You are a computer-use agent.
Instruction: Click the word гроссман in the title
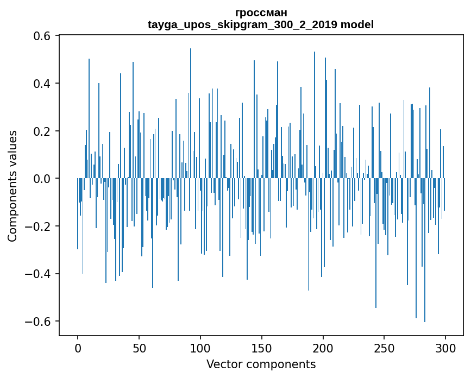pyautogui.click(x=261, y=12)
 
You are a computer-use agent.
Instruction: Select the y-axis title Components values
pyautogui.click(x=12, y=186)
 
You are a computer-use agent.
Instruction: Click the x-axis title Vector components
pyautogui.click(x=261, y=364)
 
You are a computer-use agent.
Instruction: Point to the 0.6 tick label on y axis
pyautogui.click(x=42, y=36)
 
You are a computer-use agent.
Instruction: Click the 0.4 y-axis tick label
pyautogui.click(x=42, y=84)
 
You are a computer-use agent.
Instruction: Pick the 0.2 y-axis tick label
pyautogui.click(x=42, y=131)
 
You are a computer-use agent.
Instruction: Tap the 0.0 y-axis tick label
pyautogui.click(x=42, y=179)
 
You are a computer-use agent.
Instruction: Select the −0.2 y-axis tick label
pyautogui.click(x=38, y=226)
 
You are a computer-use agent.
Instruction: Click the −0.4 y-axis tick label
pyautogui.click(x=38, y=274)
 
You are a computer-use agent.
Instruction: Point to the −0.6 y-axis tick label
pyautogui.click(x=38, y=321)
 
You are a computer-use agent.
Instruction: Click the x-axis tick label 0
pyautogui.click(x=78, y=348)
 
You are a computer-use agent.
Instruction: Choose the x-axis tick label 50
pyautogui.click(x=139, y=348)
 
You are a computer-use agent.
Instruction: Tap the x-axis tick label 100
pyautogui.click(x=200, y=348)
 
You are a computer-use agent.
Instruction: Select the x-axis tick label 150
pyautogui.click(x=262, y=348)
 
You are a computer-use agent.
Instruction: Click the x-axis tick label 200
pyautogui.click(x=323, y=348)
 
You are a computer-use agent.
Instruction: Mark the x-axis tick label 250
pyautogui.click(x=384, y=348)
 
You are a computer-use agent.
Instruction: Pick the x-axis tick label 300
pyautogui.click(x=445, y=348)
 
